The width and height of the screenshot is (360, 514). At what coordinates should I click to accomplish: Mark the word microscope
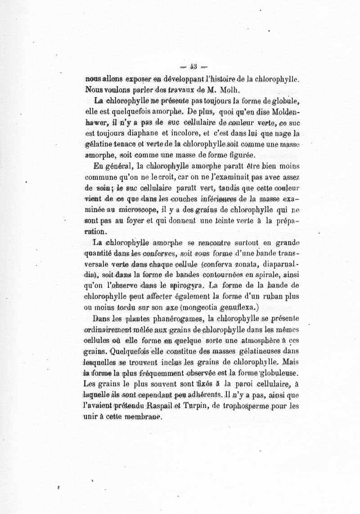[134, 209]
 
